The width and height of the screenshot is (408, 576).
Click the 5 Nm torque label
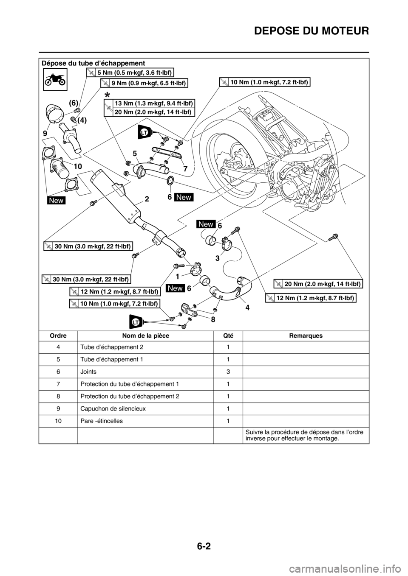pos(130,72)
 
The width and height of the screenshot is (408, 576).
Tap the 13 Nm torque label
pos(149,103)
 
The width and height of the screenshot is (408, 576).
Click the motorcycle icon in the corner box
pos(56,79)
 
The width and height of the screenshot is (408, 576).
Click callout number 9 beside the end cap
pos(45,133)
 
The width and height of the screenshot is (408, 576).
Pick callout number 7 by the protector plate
pos(185,168)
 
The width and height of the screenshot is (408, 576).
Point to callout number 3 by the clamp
pos(217,258)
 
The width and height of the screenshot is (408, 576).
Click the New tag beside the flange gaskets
pos(57,200)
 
